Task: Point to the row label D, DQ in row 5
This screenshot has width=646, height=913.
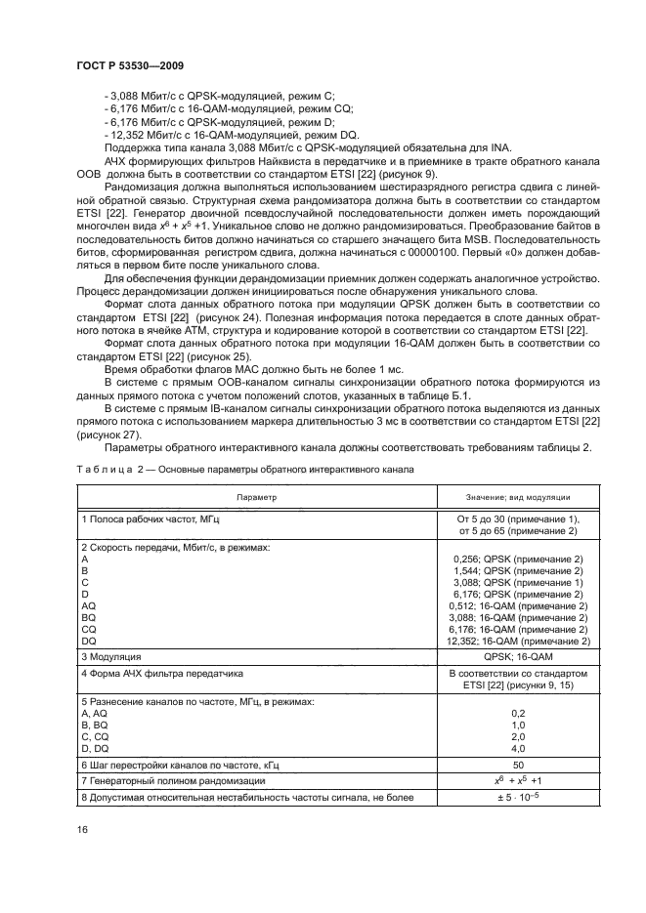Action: [x=96, y=748]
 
